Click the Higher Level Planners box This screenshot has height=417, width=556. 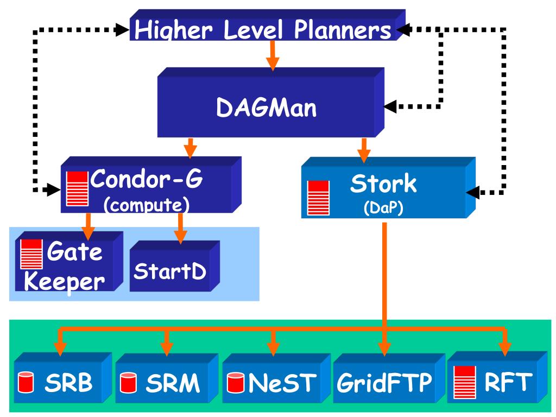click(267, 25)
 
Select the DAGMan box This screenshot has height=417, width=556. click(271, 103)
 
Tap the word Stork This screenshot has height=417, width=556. click(383, 184)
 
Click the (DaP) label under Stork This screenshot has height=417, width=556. click(383, 208)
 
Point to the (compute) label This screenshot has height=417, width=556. click(147, 205)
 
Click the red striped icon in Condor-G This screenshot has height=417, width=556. click(78, 188)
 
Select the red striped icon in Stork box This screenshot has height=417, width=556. click(318, 198)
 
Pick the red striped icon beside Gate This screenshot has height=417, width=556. click(31, 254)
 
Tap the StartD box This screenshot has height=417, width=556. click(175, 266)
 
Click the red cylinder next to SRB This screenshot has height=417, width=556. click(26, 382)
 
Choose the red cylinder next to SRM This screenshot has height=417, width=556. click(128, 383)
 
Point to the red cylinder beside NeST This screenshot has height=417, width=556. click(236, 383)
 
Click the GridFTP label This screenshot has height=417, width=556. click(384, 383)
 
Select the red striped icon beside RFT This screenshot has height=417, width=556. click(465, 382)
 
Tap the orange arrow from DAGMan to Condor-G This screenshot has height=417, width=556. click(191, 148)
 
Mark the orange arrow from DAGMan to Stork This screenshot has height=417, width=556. click(364, 150)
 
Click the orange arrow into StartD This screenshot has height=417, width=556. click(180, 229)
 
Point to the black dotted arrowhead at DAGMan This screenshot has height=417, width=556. click(390, 106)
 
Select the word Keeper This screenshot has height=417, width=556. click(64, 282)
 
